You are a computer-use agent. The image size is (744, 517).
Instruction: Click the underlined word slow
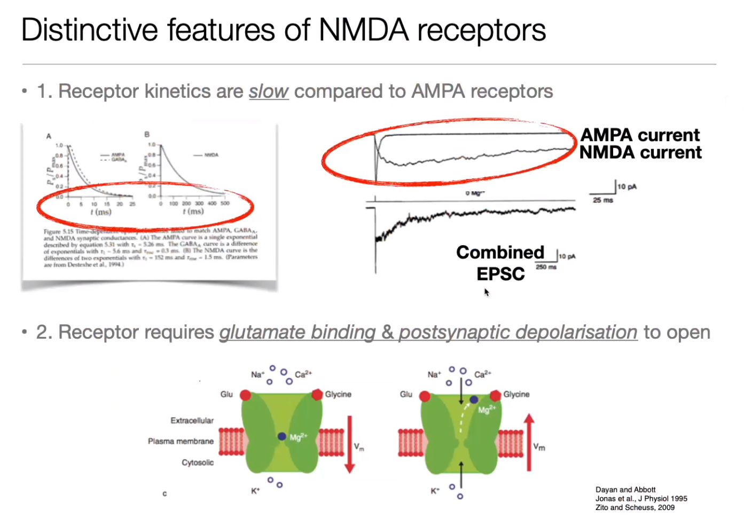click(x=269, y=91)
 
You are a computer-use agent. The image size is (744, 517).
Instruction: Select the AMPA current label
click(x=639, y=135)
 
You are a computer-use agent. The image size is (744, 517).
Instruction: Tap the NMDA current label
click(x=640, y=153)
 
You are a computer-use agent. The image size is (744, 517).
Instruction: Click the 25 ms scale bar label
click(x=603, y=200)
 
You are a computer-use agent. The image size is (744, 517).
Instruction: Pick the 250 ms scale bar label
click(x=546, y=267)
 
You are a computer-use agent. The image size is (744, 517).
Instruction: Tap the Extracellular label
click(x=192, y=420)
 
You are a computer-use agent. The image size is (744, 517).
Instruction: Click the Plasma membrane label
click(x=181, y=441)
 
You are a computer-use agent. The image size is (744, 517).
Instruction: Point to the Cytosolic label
click(x=198, y=463)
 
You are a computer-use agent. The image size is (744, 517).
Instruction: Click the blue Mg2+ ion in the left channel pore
click(x=282, y=436)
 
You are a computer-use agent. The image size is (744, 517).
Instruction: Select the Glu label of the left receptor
click(x=226, y=394)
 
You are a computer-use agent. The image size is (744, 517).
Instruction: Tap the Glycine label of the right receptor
click(x=516, y=394)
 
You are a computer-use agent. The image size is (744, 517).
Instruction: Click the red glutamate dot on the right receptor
click(x=425, y=396)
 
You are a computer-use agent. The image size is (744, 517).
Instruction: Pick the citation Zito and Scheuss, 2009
click(x=635, y=507)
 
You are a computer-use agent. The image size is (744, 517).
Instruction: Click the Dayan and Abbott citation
click(x=625, y=489)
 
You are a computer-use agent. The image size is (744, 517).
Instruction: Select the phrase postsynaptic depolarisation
click(x=518, y=332)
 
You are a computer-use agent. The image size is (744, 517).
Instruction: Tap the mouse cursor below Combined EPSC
click(x=487, y=292)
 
